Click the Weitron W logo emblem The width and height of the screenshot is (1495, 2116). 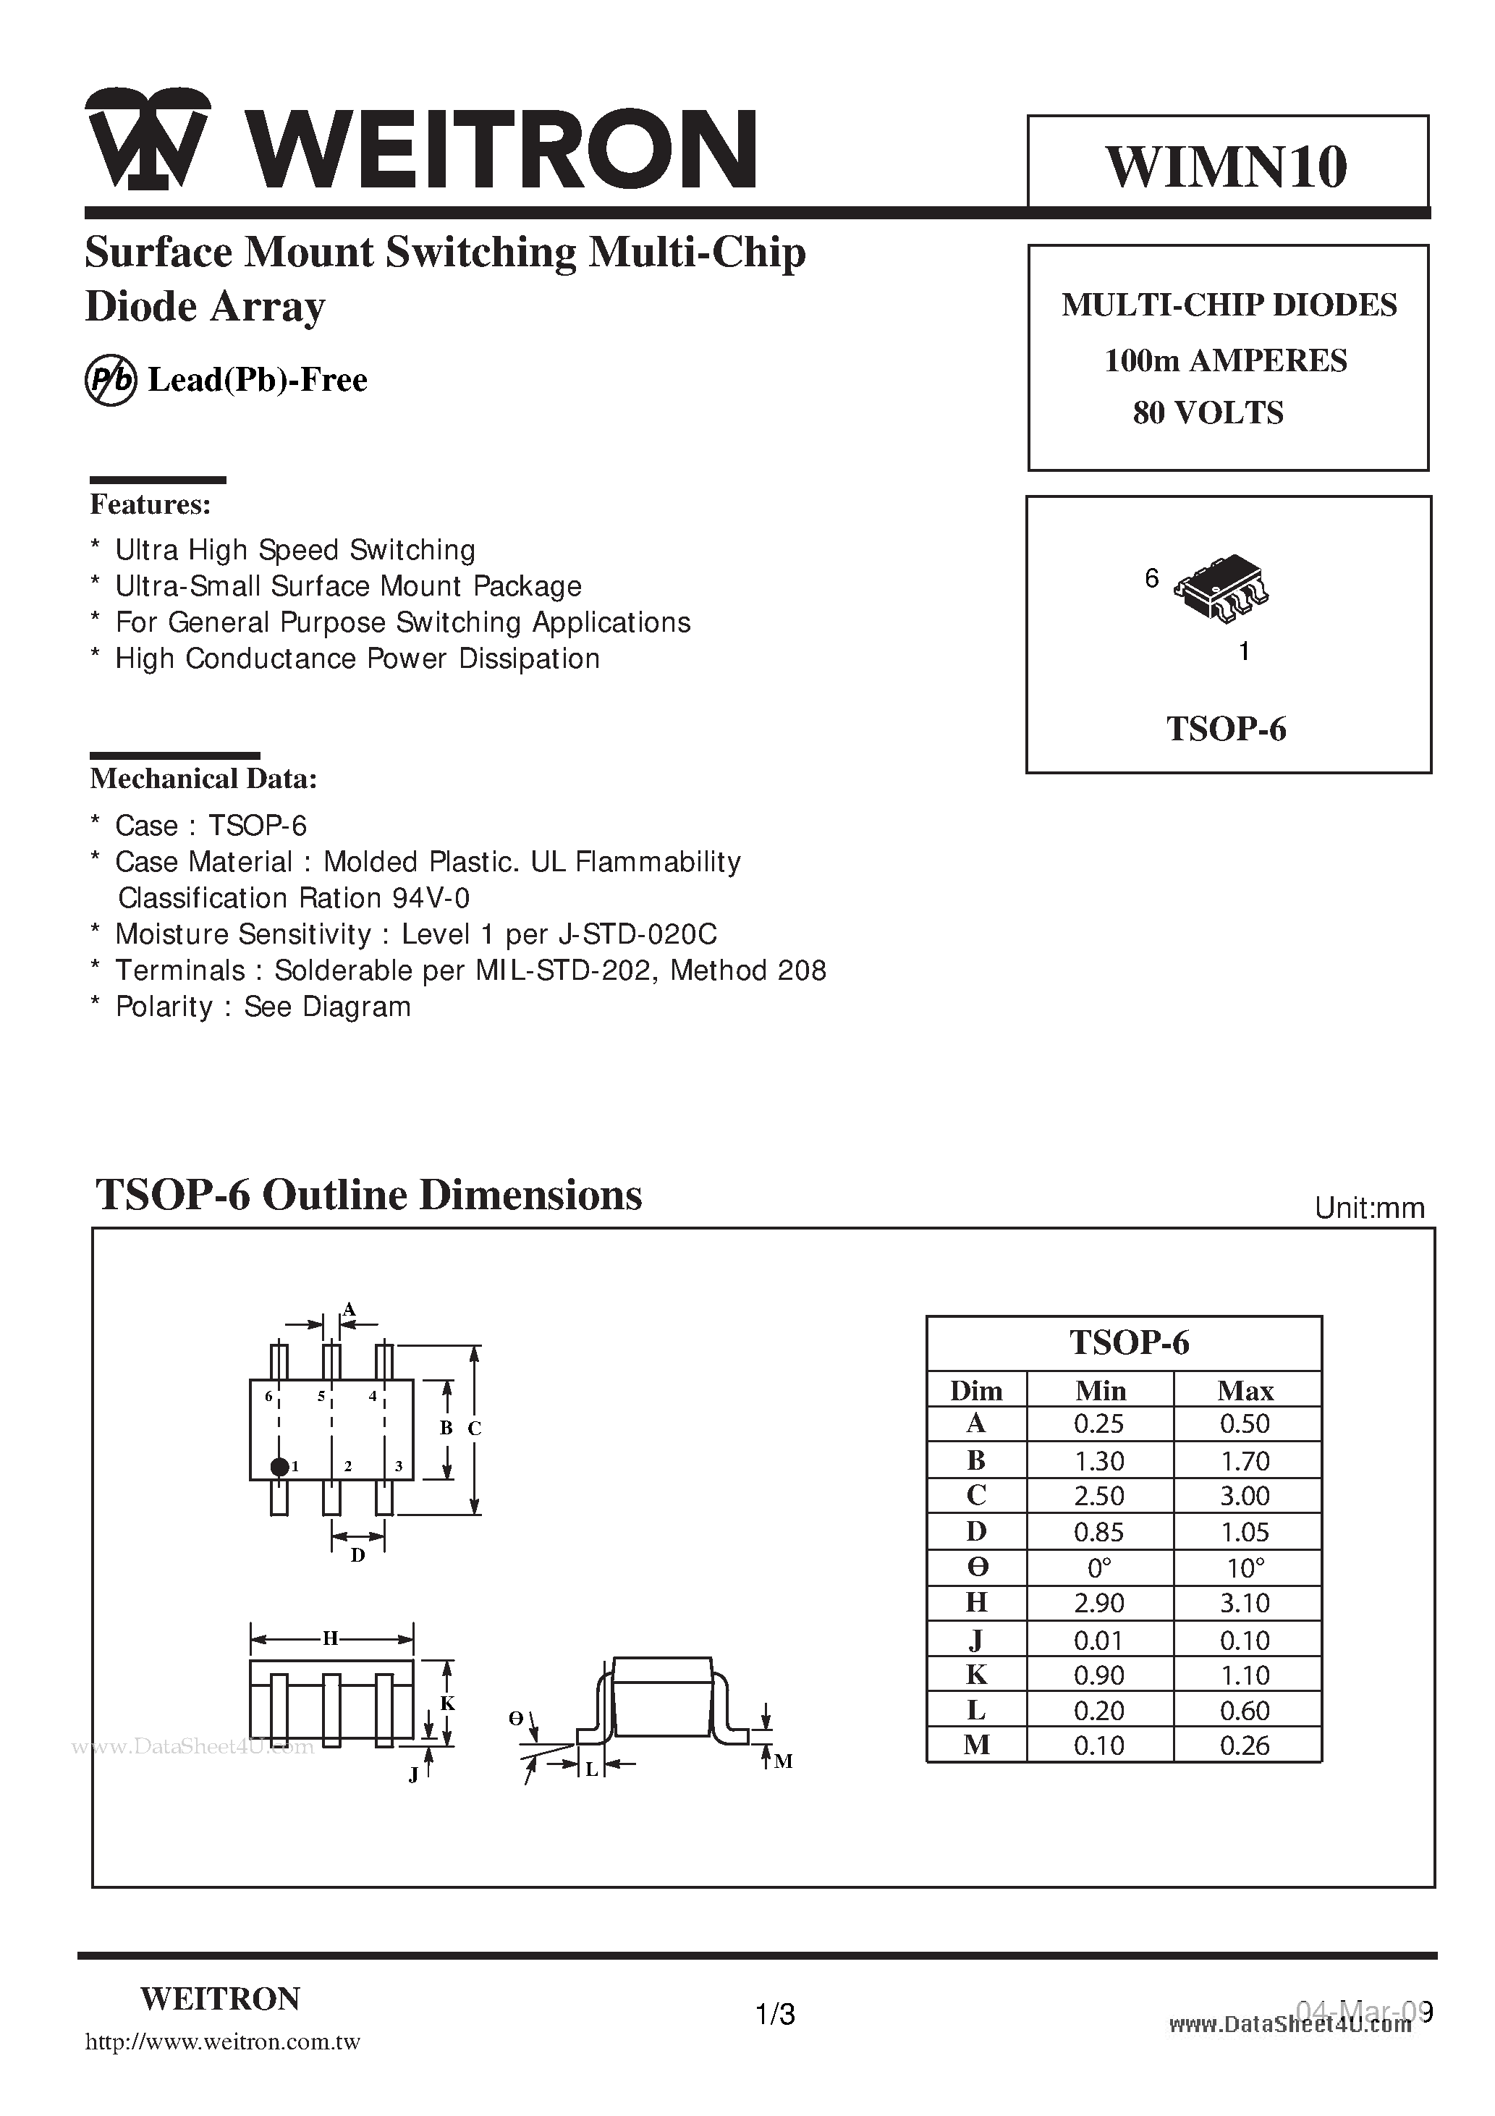(148, 140)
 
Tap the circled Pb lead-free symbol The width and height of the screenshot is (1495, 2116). (111, 381)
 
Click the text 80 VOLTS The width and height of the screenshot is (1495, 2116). (1208, 413)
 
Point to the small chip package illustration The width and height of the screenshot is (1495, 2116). (1221, 588)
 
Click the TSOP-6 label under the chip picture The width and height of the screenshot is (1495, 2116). (1226, 729)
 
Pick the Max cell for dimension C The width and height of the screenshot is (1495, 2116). (1245, 1496)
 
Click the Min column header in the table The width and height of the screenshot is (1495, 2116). (1101, 1389)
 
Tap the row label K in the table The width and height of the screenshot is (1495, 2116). (976, 1675)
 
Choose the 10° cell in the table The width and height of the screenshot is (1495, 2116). (1245, 1567)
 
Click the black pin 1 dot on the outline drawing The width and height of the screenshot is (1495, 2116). (279, 1466)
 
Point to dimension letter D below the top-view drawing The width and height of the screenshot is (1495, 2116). (357, 1556)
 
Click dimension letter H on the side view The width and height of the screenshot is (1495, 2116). (330, 1638)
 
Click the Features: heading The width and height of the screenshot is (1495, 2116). (151, 505)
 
